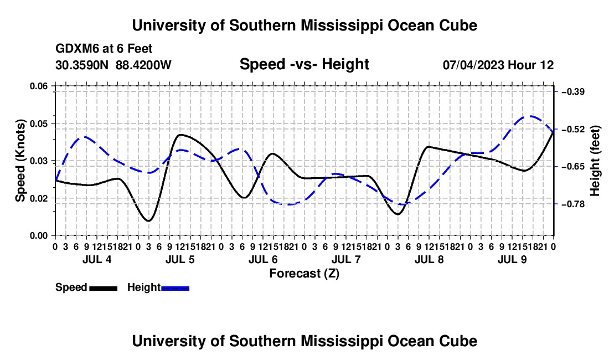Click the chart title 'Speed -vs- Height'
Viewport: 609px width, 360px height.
coord(304,64)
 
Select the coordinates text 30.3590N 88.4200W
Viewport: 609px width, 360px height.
coord(113,65)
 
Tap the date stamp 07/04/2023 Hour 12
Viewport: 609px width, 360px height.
coord(498,65)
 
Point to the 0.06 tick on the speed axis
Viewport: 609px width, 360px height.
coord(39,86)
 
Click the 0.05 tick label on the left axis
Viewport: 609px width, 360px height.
coord(39,124)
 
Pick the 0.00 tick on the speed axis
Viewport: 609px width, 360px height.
coord(39,235)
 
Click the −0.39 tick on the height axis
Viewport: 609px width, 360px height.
coord(573,91)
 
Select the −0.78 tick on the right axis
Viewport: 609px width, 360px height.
coord(573,204)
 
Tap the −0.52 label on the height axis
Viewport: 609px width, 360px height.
coord(573,129)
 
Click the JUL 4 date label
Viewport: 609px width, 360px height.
coord(97,259)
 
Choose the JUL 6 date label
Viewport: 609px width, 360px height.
coord(264,259)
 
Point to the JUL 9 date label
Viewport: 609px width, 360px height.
coord(513,259)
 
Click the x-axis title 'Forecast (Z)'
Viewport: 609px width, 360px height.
coord(304,274)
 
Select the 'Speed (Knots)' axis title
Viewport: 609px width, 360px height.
coord(20,161)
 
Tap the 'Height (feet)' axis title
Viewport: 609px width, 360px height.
coord(595,161)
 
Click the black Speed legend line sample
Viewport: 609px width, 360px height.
coord(104,288)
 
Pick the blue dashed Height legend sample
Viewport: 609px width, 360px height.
coord(175,288)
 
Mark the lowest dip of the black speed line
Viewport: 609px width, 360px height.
coord(148,220)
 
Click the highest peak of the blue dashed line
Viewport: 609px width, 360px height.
coord(530,116)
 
